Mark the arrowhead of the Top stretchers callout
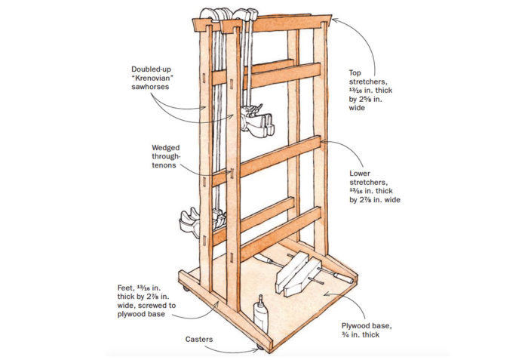coord(330,20)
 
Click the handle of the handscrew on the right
coord(343,278)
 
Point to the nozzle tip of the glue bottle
coord(260,297)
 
